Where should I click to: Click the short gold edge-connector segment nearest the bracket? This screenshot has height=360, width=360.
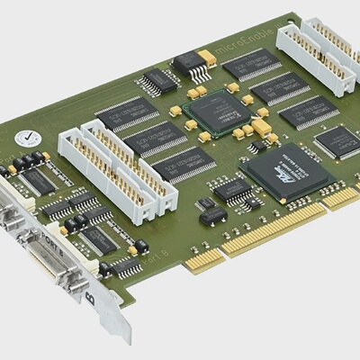click(204, 258)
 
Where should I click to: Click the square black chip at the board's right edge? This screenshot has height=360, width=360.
click(332, 140)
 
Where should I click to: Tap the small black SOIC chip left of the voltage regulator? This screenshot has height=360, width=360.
click(158, 81)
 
